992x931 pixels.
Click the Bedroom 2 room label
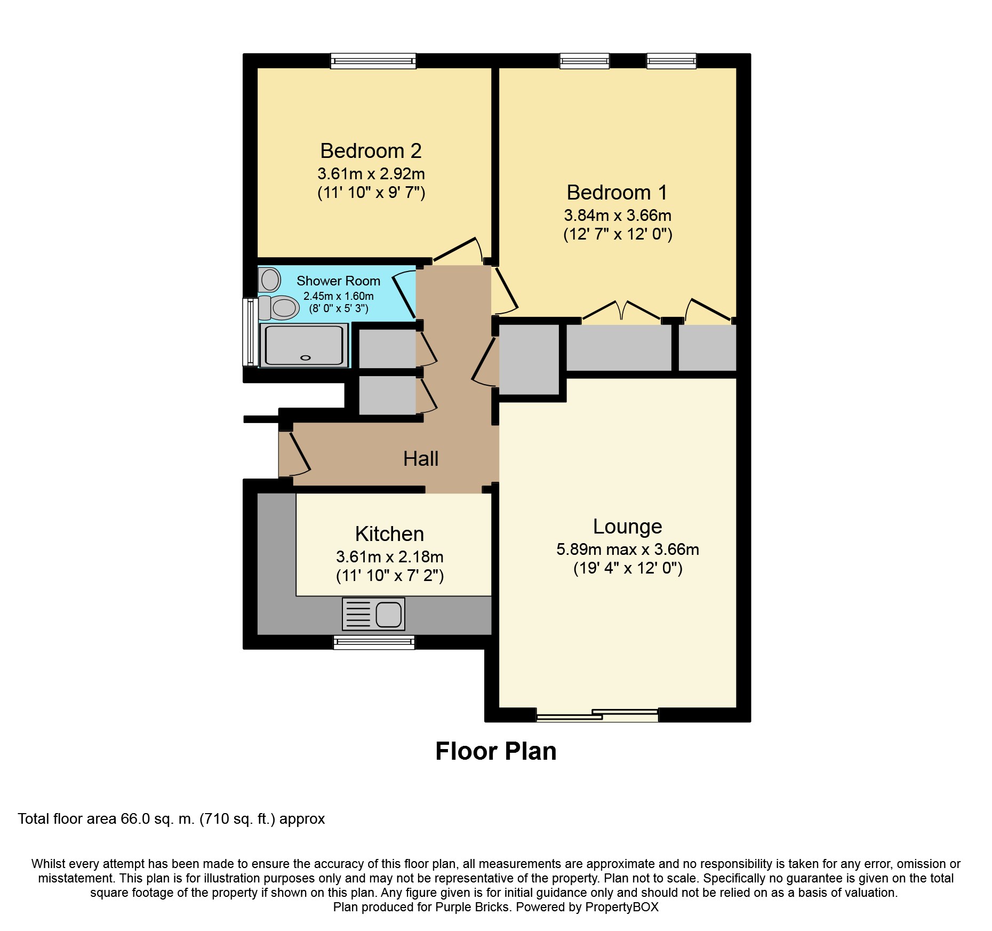click(x=371, y=151)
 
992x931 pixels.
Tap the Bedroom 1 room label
click(x=617, y=193)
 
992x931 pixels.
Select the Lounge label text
click(x=627, y=527)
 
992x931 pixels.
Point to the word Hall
click(x=421, y=459)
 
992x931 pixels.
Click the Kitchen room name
click(x=389, y=534)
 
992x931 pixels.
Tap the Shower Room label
click(x=338, y=281)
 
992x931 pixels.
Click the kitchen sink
click(x=373, y=614)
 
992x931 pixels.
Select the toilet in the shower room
click(x=279, y=307)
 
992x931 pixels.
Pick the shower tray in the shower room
click(x=305, y=345)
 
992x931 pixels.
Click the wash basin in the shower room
click(x=270, y=280)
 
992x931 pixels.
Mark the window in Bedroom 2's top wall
click(x=373, y=61)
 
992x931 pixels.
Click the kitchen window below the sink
click(x=374, y=642)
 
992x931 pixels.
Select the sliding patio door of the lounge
click(x=597, y=715)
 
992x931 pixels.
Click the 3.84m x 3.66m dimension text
click(x=618, y=216)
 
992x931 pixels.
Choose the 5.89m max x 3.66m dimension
click(x=628, y=550)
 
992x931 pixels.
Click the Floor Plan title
click(x=496, y=751)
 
